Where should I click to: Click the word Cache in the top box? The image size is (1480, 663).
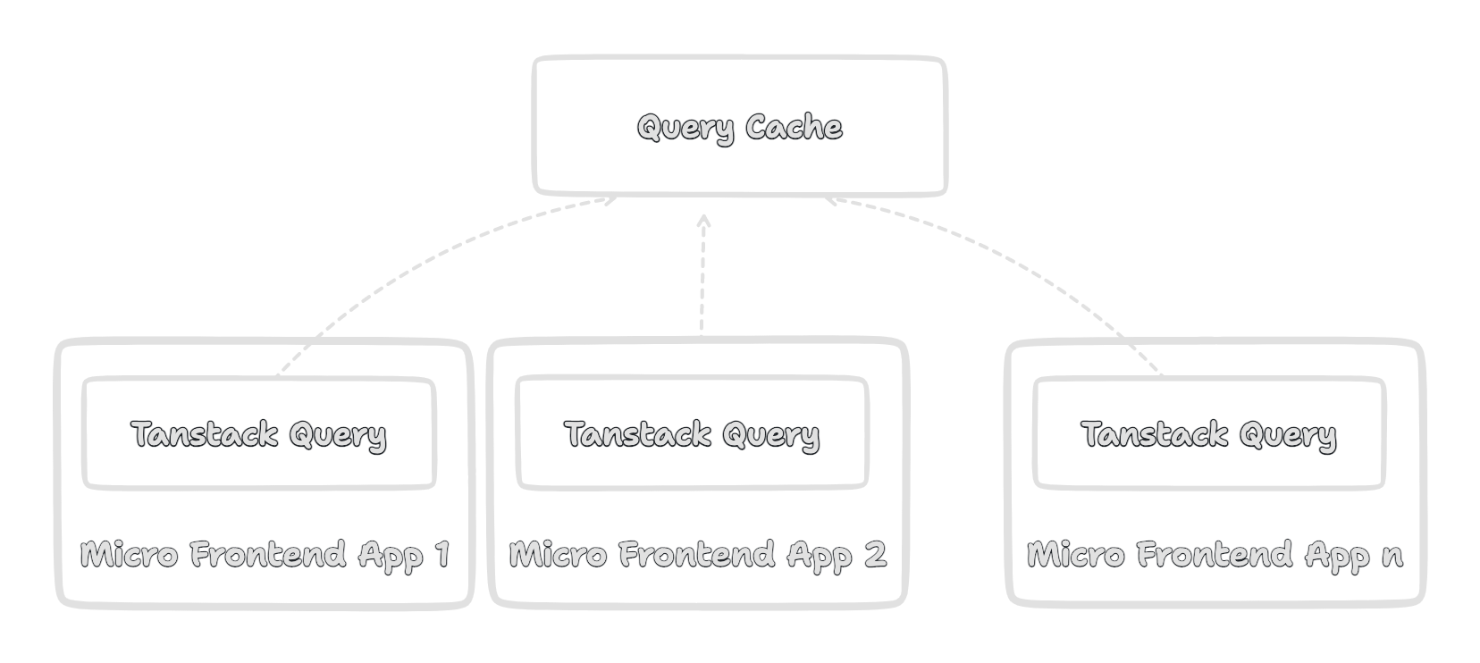click(794, 127)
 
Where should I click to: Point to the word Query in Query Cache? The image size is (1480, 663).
click(685, 129)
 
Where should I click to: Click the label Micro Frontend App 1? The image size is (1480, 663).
click(265, 555)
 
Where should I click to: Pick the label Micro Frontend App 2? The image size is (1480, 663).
click(697, 555)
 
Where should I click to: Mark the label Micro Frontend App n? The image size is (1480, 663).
click(1215, 555)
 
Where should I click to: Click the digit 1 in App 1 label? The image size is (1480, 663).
click(441, 554)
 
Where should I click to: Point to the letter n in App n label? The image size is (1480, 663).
click(1392, 557)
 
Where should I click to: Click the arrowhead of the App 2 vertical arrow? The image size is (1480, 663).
click(703, 220)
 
